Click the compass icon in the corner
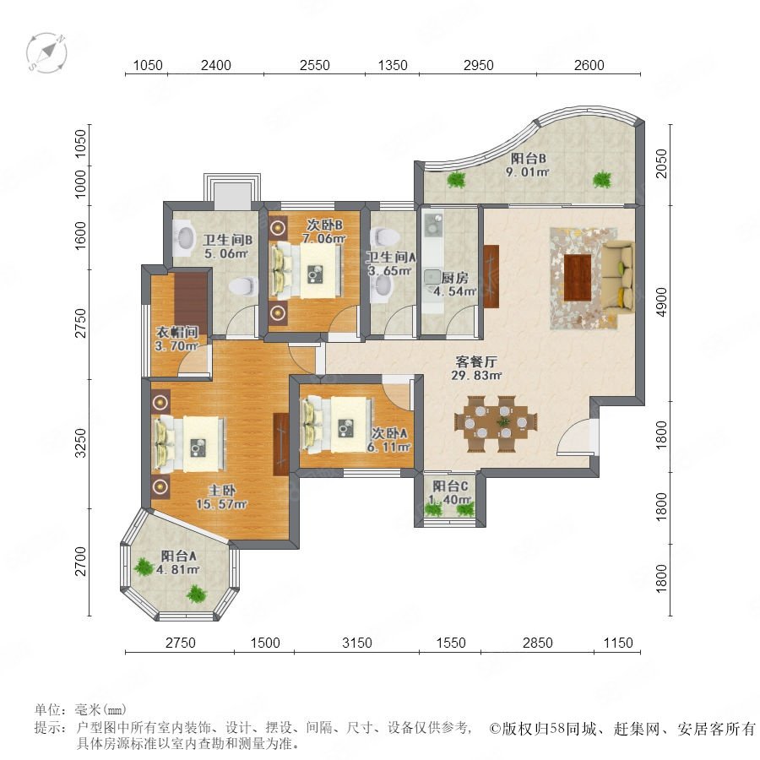coord(46,52)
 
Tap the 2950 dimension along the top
coord(479,65)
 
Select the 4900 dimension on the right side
coord(661,302)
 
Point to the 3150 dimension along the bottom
coord(356,643)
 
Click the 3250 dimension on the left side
coord(80,442)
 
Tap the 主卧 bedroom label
coord(222,491)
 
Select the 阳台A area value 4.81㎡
coord(178,569)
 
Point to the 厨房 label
coord(454,278)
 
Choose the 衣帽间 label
coord(177,332)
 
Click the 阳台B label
coord(529,158)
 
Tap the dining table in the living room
coord(496,423)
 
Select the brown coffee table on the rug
coord(578,277)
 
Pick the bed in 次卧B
coord(306,270)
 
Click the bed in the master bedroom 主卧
coord(189,444)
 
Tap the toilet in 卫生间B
coord(243,286)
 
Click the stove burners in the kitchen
coord(432,224)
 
